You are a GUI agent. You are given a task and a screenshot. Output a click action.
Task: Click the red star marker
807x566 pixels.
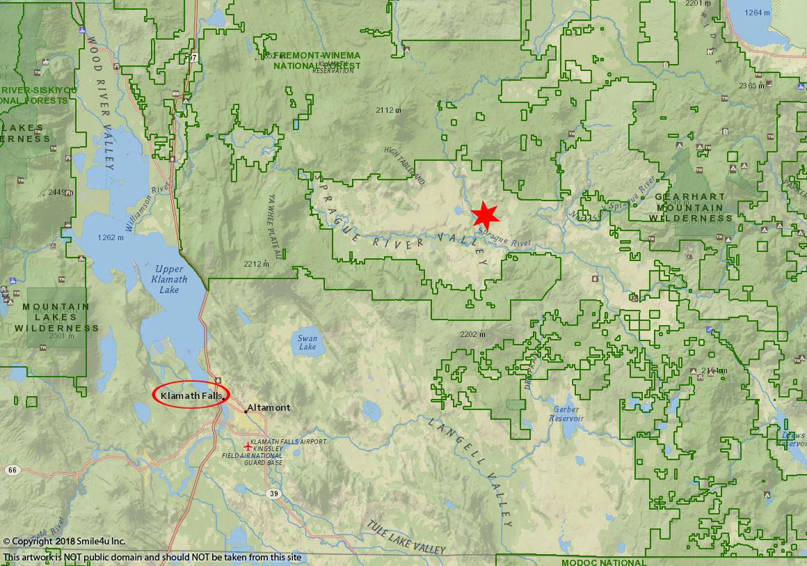coord(486,216)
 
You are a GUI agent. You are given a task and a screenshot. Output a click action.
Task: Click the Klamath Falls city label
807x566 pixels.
coord(191,395)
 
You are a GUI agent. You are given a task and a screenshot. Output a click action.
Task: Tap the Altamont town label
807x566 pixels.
coord(269,407)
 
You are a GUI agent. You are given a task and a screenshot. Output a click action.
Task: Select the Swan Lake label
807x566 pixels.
coord(307,343)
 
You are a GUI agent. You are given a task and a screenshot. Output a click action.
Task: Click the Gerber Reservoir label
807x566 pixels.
coord(566,414)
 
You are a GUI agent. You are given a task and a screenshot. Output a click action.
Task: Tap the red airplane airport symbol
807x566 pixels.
coord(248,447)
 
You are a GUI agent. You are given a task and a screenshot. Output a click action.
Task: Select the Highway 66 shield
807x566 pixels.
coord(12,470)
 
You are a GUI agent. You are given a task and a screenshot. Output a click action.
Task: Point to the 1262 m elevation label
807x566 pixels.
coord(110,237)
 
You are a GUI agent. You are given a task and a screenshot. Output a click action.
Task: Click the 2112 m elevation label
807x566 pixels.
coord(388,110)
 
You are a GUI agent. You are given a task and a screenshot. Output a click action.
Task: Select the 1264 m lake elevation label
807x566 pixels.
coord(757,13)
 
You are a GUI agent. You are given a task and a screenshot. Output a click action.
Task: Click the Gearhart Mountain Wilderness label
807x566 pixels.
coord(690,207)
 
